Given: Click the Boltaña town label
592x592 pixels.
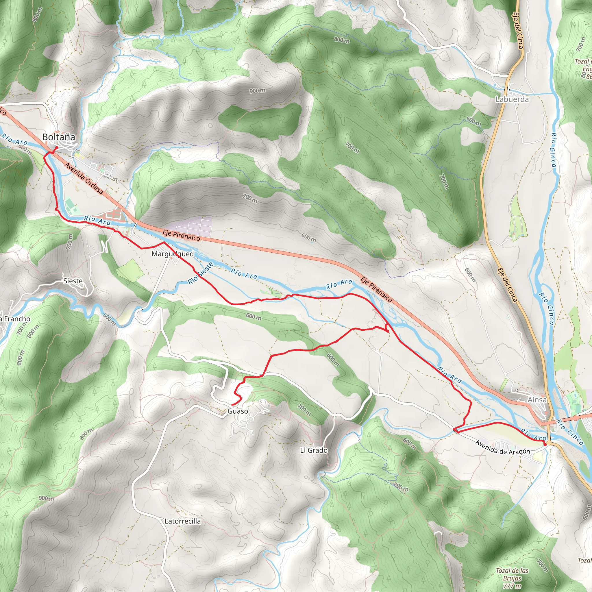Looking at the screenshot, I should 58,137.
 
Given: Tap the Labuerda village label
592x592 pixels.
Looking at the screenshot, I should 512,99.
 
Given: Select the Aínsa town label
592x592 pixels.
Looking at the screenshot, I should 537,400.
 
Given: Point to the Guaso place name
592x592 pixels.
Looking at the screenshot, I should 238,411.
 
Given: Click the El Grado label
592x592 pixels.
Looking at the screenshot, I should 314,450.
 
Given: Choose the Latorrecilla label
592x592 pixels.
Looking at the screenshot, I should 183,521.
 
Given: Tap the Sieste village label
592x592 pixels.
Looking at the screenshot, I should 73,281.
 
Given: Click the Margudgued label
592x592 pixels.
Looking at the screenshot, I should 173,254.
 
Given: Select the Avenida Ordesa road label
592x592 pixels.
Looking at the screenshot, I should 84,178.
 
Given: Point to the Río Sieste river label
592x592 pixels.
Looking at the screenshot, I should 201,273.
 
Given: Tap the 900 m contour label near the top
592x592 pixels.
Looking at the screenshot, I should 257,91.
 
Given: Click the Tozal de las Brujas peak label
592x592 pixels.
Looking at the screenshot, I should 512,578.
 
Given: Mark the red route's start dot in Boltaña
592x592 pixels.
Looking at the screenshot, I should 56,148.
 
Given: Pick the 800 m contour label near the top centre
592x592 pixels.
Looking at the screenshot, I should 342,40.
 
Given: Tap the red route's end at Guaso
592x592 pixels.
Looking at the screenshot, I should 233,405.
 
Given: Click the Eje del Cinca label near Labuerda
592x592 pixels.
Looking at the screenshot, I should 518,31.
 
